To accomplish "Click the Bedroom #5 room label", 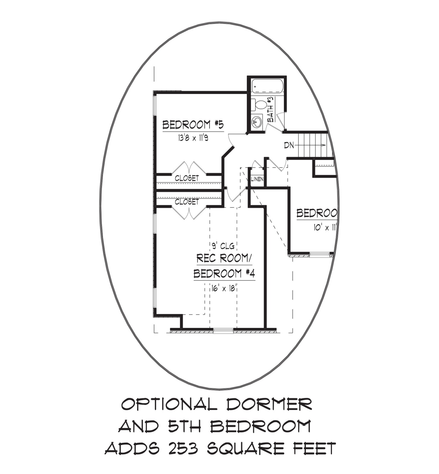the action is (193, 125).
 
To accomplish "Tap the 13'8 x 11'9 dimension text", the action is (193, 138).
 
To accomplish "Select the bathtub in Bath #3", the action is (268, 86).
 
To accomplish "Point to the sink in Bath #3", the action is (257, 121).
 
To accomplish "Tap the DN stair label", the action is (289, 145).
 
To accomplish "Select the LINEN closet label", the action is (257, 179).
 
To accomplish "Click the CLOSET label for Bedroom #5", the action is (187, 178).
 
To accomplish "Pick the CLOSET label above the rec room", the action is (187, 202).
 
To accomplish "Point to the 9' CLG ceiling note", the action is (223, 246).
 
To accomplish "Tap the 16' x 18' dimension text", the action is (223, 288).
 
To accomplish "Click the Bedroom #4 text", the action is (224, 273).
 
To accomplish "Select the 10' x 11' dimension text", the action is (325, 228).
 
